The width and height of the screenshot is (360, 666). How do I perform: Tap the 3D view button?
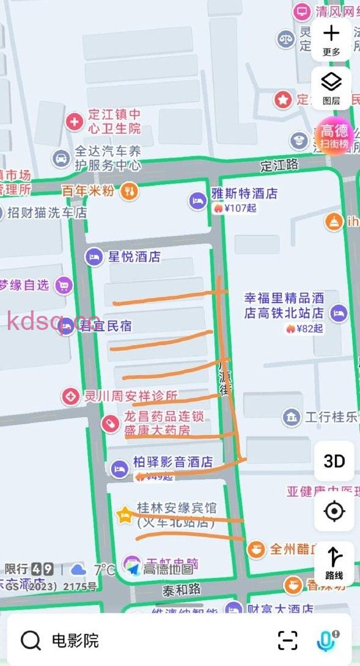pyautogui.click(x=334, y=461)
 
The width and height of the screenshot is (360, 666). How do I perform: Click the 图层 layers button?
pyautogui.click(x=331, y=88)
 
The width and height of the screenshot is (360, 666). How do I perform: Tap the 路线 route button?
pyautogui.click(x=334, y=563)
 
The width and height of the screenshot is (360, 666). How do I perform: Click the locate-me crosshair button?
pyautogui.click(x=334, y=511)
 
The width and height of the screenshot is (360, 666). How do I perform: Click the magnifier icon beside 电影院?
pyautogui.click(x=31, y=640)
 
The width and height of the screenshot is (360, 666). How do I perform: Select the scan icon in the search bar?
pyautogui.click(x=287, y=640)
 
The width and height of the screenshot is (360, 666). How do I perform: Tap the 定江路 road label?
pyautogui.click(x=279, y=165)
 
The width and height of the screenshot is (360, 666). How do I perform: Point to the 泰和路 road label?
pyautogui.click(x=182, y=590)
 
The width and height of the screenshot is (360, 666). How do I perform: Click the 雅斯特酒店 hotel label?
pyautogui.click(x=244, y=194)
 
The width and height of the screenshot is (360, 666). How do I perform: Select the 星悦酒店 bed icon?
pyautogui.click(x=94, y=257)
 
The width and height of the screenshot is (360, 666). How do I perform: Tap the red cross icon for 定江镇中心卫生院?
pyautogui.click(x=75, y=122)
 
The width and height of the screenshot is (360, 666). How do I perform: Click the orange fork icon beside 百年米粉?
pyautogui.click(x=130, y=191)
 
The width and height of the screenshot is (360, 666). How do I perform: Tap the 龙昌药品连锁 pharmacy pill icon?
pyautogui.click(x=110, y=422)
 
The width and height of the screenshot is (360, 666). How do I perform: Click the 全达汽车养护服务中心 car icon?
pyautogui.click(x=61, y=158)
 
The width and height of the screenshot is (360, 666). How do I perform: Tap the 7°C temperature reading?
pyautogui.click(x=104, y=569)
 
